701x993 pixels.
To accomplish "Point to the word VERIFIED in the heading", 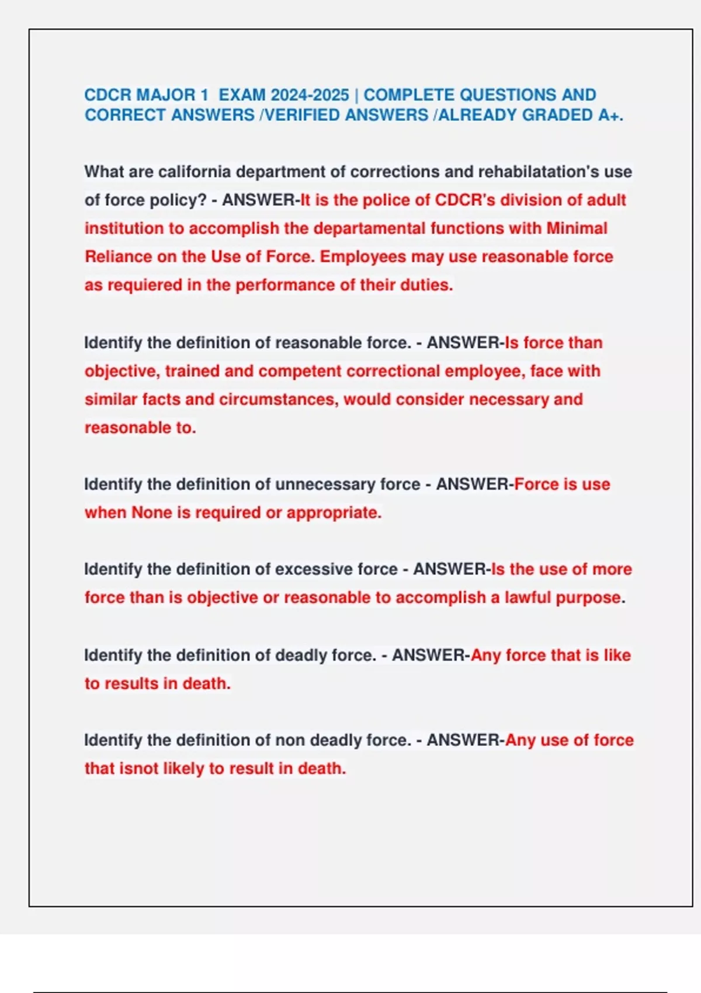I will pos(303,114).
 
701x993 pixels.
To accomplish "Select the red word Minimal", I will pos(577,228).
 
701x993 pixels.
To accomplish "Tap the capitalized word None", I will pos(152,512).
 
